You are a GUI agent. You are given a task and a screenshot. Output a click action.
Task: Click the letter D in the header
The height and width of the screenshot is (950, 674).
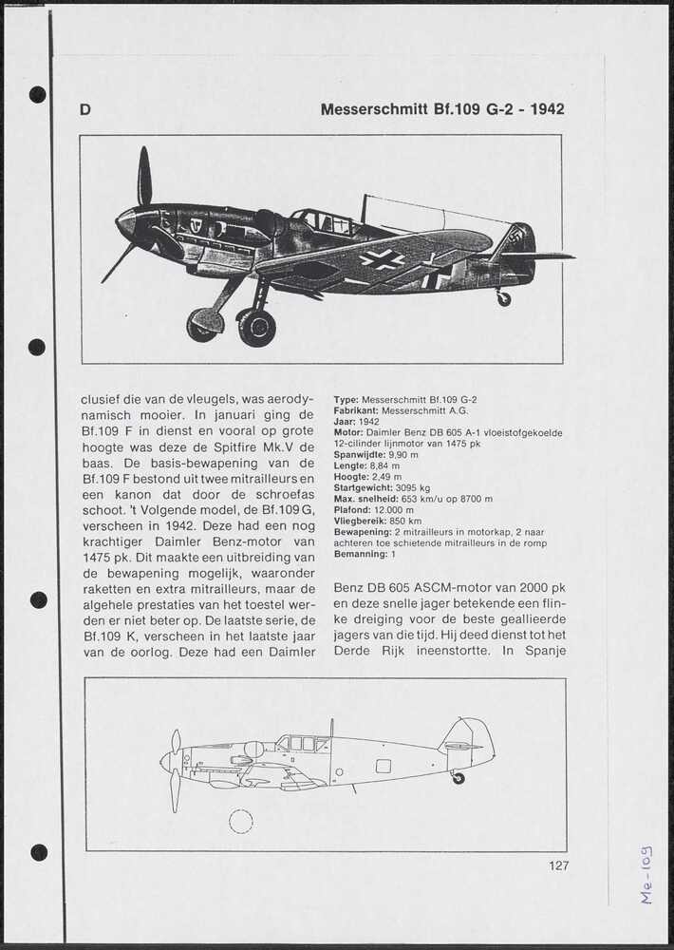(x=85, y=110)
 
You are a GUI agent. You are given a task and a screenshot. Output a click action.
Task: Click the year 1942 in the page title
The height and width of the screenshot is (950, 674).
(x=548, y=109)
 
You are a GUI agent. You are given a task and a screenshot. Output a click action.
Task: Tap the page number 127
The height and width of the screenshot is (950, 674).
(x=558, y=865)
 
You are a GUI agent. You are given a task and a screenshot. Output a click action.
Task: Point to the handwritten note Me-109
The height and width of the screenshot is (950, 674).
(x=646, y=874)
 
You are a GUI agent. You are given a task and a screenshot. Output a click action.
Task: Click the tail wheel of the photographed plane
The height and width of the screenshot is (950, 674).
(x=503, y=298)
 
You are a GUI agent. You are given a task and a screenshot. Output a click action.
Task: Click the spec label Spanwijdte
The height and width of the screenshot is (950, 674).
(x=360, y=455)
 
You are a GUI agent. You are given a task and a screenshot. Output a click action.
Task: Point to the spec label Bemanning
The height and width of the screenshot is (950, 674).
(x=361, y=554)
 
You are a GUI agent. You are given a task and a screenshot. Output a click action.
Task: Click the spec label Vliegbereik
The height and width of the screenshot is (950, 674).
(x=363, y=522)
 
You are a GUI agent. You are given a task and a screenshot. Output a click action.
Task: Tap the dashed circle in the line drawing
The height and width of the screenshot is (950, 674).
(x=241, y=821)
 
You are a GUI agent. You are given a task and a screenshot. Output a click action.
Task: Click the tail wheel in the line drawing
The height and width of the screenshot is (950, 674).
(x=459, y=778)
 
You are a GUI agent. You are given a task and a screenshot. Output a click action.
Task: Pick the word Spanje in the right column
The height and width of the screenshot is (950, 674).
(x=544, y=651)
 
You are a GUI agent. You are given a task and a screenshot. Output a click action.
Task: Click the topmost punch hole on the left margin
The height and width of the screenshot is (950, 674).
(x=37, y=94)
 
